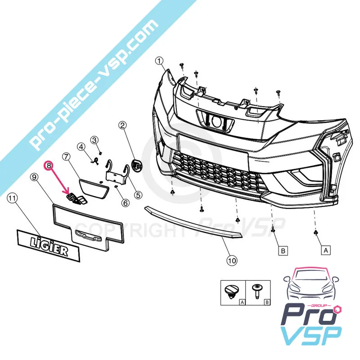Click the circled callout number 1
point(158,61)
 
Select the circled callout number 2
point(122,126)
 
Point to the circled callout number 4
point(81,147)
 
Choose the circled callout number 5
point(137,195)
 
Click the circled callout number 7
point(66,157)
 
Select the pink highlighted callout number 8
point(48,165)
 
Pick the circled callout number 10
point(231,260)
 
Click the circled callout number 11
point(12,197)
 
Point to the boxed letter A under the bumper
point(324,250)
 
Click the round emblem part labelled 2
point(134,165)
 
